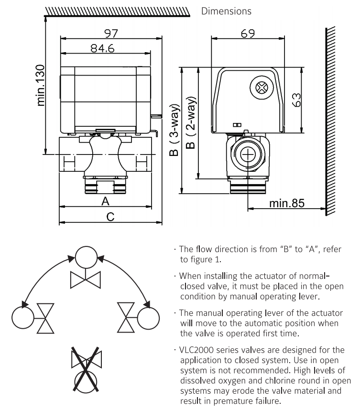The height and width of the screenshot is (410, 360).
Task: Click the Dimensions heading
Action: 226,11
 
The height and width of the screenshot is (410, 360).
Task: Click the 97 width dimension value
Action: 111,33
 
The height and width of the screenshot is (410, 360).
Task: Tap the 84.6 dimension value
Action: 102,48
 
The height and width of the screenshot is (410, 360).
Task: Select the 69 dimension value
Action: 247,33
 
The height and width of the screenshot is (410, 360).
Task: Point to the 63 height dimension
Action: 296,100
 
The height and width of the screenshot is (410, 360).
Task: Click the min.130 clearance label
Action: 41,85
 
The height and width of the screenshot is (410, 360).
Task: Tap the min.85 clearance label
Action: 287,203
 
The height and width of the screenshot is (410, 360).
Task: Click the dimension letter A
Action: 105,201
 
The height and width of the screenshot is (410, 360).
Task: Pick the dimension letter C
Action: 110,217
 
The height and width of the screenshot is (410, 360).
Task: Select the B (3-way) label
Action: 175,130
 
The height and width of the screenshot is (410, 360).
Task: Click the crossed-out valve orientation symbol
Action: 86,369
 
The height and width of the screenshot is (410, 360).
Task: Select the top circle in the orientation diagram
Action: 86,257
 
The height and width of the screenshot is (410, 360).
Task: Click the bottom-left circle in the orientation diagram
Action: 23,318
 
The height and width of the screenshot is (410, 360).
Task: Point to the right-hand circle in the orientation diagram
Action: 148,318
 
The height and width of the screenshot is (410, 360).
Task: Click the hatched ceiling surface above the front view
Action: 117,12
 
